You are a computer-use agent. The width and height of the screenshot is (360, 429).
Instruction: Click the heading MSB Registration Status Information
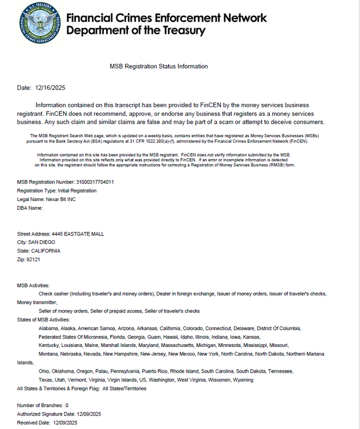(158, 66)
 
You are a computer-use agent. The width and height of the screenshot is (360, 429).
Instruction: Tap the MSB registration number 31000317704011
(95, 182)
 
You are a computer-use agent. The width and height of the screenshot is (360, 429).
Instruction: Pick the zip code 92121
(33, 260)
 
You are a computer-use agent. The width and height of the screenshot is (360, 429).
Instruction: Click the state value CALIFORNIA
(46, 251)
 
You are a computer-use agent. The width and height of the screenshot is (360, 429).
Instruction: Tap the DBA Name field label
(30, 208)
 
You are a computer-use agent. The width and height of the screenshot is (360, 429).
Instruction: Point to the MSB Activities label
(33, 285)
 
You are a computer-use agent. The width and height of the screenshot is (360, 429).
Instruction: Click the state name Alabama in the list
(48, 328)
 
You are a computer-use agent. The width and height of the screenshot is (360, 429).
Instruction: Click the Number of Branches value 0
(67, 405)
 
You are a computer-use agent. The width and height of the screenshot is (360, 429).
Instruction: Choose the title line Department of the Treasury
(136, 31)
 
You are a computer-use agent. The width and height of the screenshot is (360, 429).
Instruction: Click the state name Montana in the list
(49, 354)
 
